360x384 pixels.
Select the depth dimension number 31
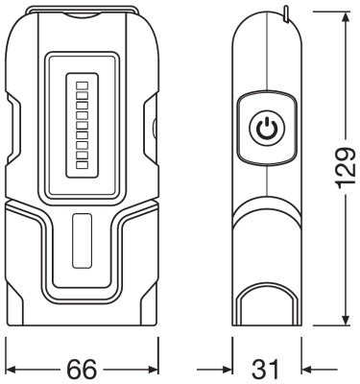point(268,368)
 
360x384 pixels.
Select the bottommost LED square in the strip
point(82,170)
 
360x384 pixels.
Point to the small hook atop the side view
point(285,12)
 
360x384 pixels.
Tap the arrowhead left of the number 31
point(228,368)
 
